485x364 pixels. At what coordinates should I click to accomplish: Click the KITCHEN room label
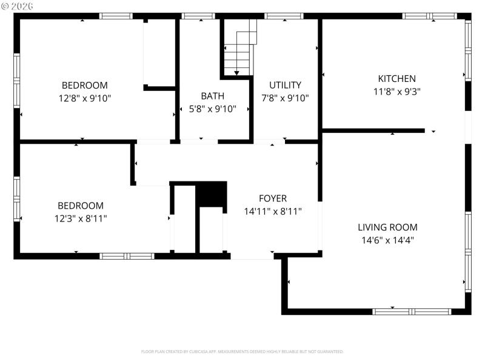coord(396,78)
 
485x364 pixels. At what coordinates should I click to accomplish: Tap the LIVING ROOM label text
coord(387,227)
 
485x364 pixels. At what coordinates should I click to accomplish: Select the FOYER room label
coord(272,198)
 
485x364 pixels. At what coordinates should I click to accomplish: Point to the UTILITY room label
coord(285,85)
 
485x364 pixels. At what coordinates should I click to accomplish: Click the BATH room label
coord(212,96)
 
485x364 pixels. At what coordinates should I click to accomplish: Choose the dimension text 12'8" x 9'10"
coord(84,98)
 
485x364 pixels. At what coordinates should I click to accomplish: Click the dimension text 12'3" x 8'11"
coord(81,218)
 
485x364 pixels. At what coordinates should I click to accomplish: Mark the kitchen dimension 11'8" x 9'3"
coord(396,91)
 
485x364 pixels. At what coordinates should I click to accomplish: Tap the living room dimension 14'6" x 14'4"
coord(387,240)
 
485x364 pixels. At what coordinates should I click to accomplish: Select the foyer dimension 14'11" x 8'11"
coord(272,211)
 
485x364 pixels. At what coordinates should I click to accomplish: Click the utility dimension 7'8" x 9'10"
coord(285,98)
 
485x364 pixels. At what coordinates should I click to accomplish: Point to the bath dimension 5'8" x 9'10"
coord(212,109)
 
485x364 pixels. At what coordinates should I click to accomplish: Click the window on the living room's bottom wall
coord(412,311)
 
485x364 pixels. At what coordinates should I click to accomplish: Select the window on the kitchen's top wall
coord(429,16)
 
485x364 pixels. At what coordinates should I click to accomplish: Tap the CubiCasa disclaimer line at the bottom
coord(242,351)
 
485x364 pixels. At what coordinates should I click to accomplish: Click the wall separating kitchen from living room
coord(373,130)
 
